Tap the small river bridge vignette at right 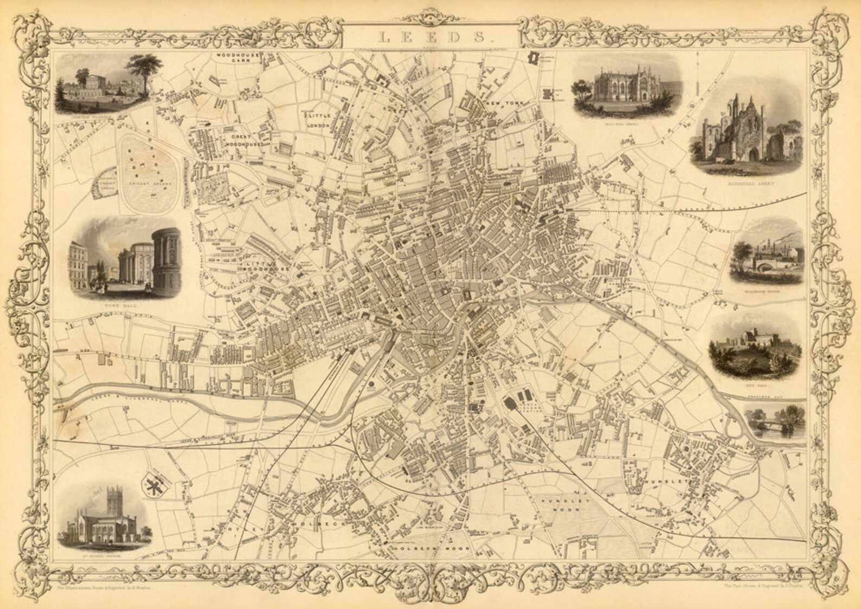(x=775, y=422)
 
